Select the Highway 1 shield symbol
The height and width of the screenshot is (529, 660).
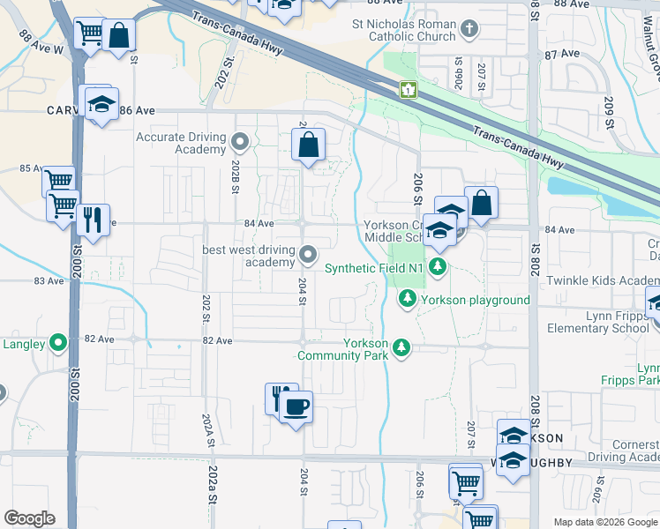click(x=408, y=89)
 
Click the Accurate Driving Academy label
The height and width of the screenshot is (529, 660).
click(x=181, y=143)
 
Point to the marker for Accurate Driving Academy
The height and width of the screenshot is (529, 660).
click(x=239, y=141)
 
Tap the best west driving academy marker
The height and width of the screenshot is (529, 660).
click(x=308, y=255)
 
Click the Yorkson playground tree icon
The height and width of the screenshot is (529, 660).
click(x=407, y=300)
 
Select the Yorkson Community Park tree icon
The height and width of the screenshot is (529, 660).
click(x=401, y=348)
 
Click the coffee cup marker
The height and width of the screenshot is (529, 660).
click(x=296, y=406)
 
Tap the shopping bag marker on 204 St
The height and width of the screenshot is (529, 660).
click(x=309, y=145)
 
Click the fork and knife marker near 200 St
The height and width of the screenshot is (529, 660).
click(x=93, y=219)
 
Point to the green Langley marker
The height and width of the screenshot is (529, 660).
click(x=58, y=343)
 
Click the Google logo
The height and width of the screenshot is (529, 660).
click(x=29, y=518)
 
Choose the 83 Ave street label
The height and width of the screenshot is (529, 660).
click(x=50, y=280)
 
